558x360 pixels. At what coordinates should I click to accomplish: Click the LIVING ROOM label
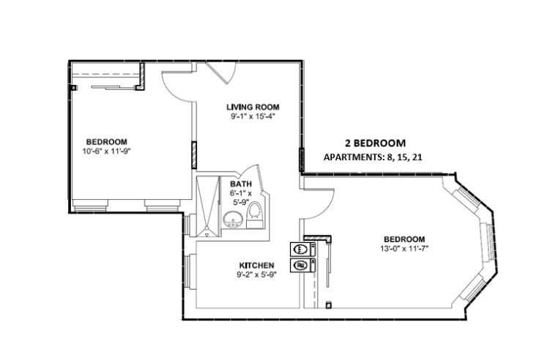click(252, 107)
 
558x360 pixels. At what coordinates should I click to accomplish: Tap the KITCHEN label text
click(256, 265)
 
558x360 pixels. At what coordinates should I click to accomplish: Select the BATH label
click(241, 184)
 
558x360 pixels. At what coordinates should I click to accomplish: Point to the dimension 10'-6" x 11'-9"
click(106, 151)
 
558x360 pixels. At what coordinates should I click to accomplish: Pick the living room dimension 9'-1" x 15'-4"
click(252, 116)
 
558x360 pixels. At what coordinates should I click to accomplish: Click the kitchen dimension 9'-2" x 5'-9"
click(256, 275)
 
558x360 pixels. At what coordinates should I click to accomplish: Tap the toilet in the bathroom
click(254, 213)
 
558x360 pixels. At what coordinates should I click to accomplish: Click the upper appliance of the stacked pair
click(300, 249)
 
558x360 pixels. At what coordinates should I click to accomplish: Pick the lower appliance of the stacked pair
click(300, 265)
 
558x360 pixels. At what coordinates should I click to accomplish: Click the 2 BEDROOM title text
click(375, 143)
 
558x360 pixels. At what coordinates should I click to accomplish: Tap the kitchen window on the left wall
click(188, 272)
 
